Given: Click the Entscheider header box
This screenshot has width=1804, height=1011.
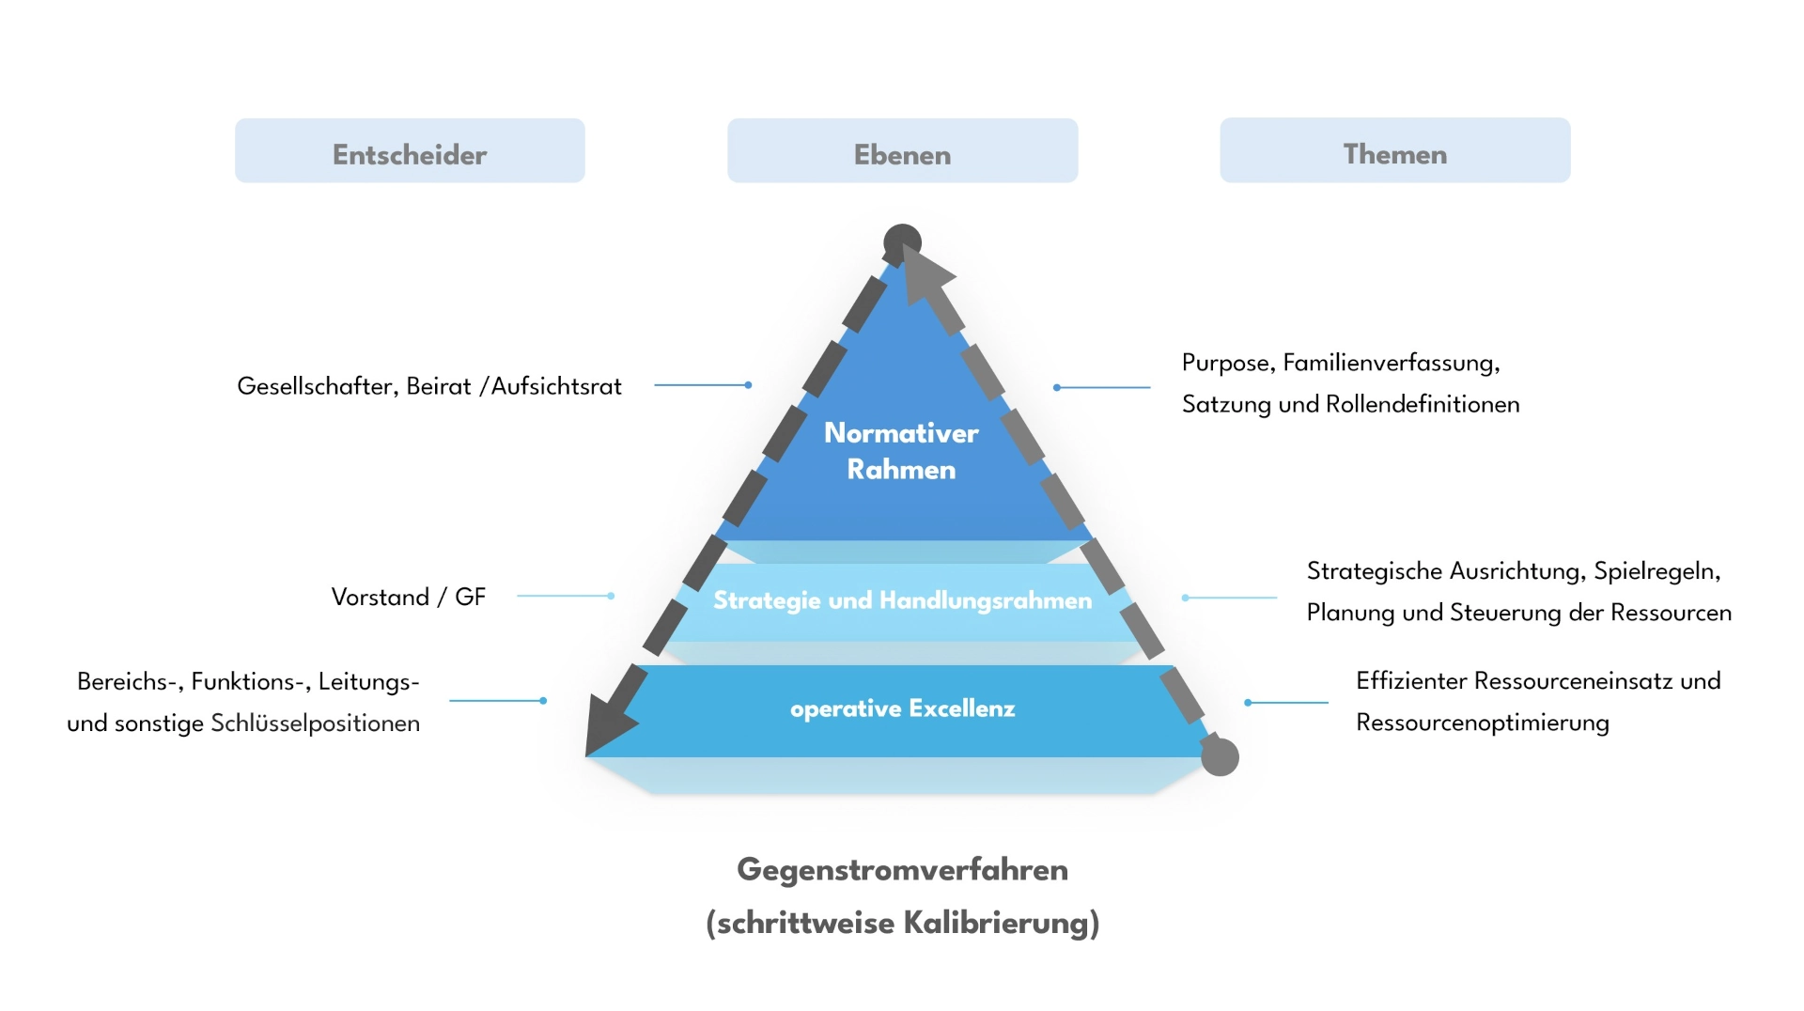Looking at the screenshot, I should [410, 151].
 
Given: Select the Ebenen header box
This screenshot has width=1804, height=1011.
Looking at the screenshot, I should [902, 151].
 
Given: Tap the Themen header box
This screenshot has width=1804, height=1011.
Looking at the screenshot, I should [1394, 151].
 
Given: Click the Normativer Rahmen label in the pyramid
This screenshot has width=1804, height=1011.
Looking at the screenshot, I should [901, 451].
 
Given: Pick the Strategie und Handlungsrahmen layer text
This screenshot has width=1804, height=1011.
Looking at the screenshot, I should [902, 600].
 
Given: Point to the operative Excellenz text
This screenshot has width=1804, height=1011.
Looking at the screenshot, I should [902, 708].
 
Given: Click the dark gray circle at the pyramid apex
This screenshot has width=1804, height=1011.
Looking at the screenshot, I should [901, 242].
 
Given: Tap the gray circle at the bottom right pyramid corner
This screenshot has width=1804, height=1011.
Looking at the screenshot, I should [1220, 756].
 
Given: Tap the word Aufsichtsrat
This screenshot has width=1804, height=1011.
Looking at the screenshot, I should [556, 386].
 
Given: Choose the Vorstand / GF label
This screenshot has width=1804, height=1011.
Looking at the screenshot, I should [408, 598].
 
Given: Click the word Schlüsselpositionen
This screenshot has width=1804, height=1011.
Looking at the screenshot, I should [315, 723].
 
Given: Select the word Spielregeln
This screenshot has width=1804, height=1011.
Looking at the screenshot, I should [1656, 571].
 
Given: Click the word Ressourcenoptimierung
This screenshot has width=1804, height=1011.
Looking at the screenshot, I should [1482, 723].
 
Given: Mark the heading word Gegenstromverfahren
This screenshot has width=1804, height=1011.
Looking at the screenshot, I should [902, 870].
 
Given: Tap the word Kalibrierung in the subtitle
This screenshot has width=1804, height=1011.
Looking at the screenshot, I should [1001, 923].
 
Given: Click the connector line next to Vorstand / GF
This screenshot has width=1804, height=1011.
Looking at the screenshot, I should [565, 596].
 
